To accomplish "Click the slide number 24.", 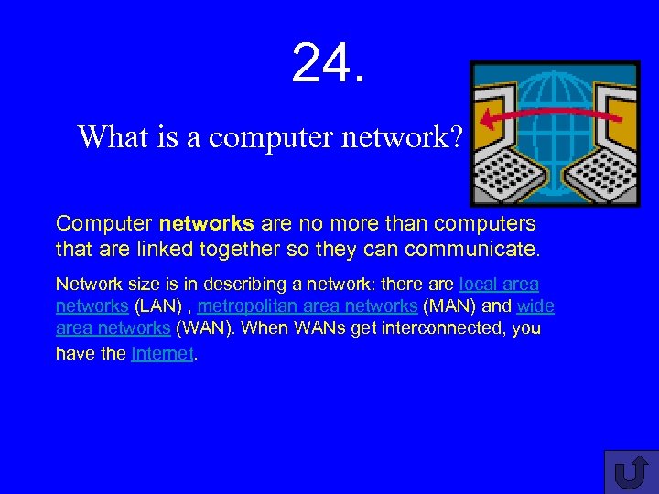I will (329, 63).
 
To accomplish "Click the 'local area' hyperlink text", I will (499, 285).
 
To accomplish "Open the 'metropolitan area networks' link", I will (308, 306).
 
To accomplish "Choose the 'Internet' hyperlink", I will (163, 354).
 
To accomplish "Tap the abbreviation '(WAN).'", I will (204, 328).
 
